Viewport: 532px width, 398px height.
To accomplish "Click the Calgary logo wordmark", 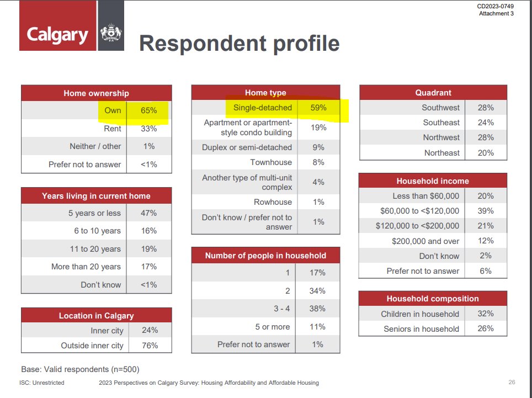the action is pyautogui.click(x=57, y=35).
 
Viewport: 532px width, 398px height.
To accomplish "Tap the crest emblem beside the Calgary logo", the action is pyautogui.click(x=111, y=33).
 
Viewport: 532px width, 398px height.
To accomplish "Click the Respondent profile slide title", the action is pyautogui.click(x=239, y=44).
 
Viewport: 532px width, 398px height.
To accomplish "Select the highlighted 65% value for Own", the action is pyautogui.click(x=149, y=110).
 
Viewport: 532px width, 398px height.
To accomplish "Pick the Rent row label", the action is pyautogui.click(x=112, y=129).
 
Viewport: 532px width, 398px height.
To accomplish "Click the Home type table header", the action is pyautogui.click(x=265, y=93).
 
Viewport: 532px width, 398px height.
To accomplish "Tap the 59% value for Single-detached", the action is pyautogui.click(x=318, y=108).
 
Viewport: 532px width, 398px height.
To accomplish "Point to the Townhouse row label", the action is pyautogui.click(x=271, y=162).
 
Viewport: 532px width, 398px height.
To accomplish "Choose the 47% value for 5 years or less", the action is pyautogui.click(x=148, y=213).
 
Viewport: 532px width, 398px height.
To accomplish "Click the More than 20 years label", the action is pyautogui.click(x=86, y=267).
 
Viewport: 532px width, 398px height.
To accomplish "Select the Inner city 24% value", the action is pyautogui.click(x=150, y=330).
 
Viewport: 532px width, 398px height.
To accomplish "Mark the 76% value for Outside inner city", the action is pyautogui.click(x=150, y=346).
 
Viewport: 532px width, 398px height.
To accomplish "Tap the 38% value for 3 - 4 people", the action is pyautogui.click(x=317, y=309).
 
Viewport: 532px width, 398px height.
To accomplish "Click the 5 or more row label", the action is pyautogui.click(x=273, y=327).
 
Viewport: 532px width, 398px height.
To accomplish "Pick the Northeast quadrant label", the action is pyautogui.click(x=441, y=153).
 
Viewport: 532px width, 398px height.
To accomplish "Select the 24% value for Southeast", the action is pyautogui.click(x=486, y=123).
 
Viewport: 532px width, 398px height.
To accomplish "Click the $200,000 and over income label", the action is pyautogui.click(x=425, y=241).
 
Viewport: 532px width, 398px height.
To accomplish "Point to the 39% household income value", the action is pyautogui.click(x=485, y=211).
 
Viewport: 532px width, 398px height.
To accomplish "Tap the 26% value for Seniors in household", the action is pyautogui.click(x=485, y=328).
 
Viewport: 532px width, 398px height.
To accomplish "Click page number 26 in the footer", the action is pyautogui.click(x=512, y=382).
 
